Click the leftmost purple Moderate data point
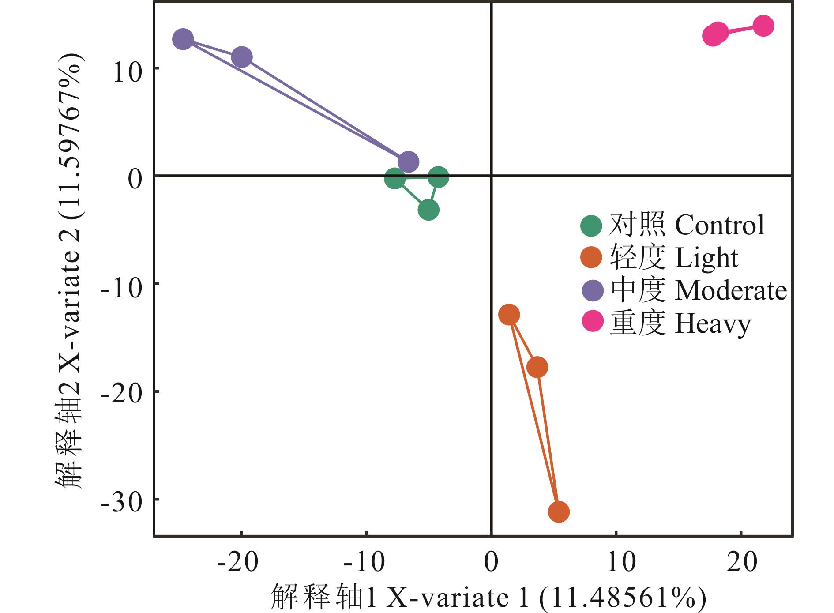183,39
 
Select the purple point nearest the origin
408,162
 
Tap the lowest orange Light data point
559,512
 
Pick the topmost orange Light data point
509,315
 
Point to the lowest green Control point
428,210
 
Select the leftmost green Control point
395,179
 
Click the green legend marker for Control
591,226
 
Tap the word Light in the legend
706,258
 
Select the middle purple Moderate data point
242,57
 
